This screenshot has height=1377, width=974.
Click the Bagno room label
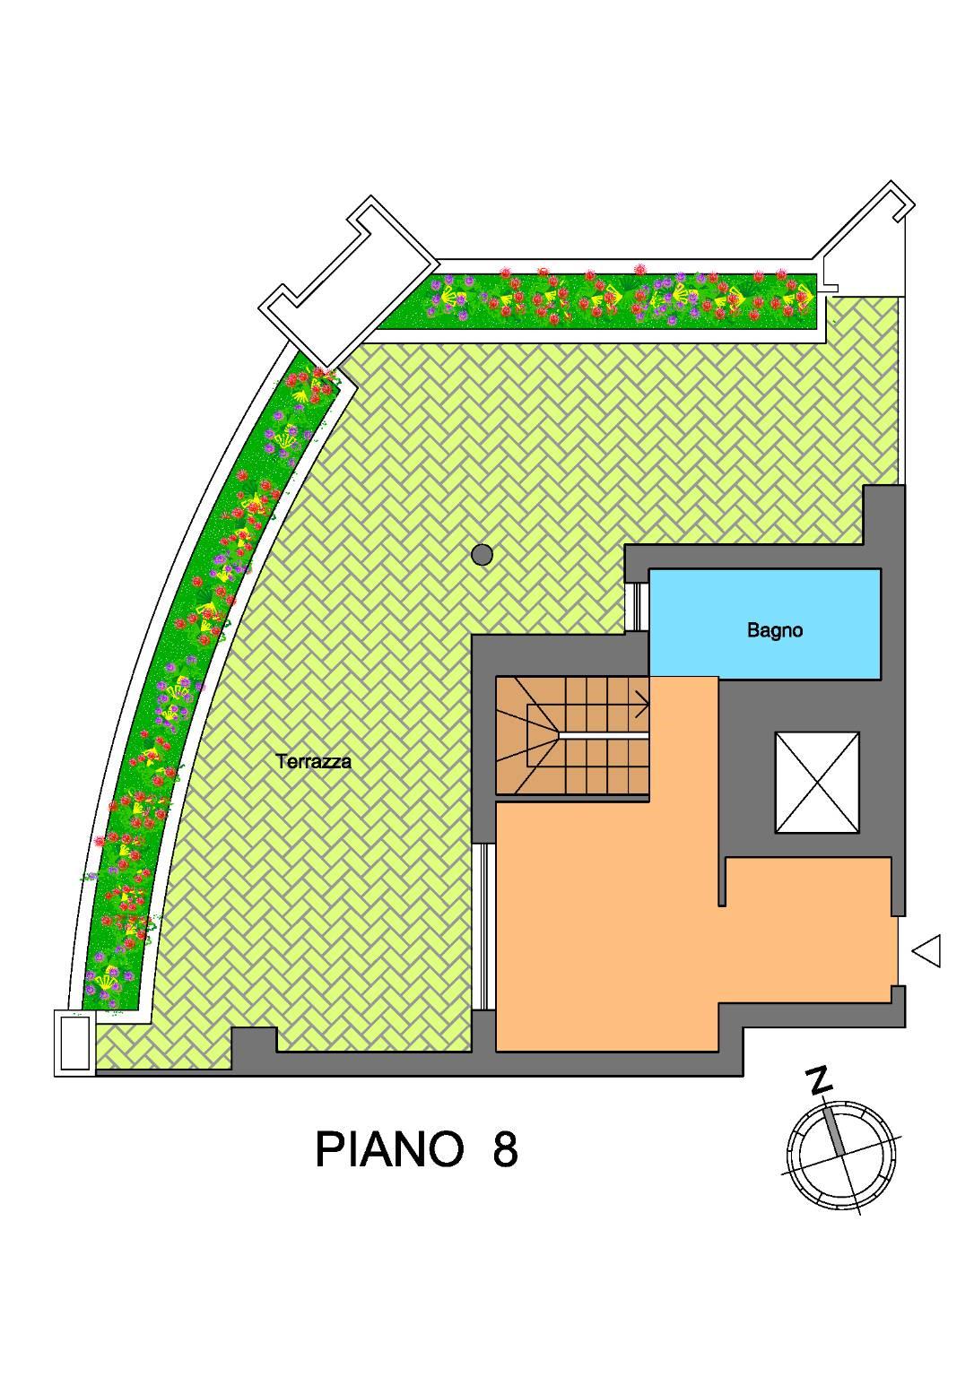click(774, 630)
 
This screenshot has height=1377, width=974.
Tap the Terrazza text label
click(314, 762)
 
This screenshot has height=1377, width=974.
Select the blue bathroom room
click(765, 624)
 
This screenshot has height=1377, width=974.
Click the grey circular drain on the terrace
click(483, 555)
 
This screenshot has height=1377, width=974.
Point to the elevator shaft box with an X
click(816, 782)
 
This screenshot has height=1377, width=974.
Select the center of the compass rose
click(840, 1156)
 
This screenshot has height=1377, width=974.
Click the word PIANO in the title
click(389, 1149)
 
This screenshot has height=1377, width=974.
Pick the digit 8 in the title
click(505, 1149)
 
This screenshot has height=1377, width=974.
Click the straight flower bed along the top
click(596, 300)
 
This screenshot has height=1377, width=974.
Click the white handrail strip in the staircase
click(603, 735)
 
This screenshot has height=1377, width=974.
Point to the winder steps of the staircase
click(529, 735)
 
